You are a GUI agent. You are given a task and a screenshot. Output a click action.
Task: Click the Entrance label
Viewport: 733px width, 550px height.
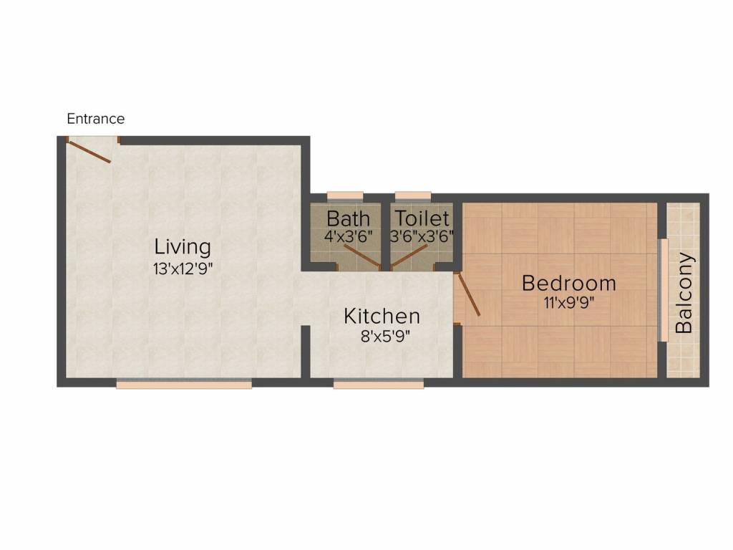point(95,119)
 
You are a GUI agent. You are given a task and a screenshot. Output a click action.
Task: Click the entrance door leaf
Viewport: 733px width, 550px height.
point(89,152)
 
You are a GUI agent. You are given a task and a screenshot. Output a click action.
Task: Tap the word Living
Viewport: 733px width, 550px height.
point(183,247)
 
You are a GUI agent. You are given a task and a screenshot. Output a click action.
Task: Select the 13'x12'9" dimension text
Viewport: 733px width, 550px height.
point(183,269)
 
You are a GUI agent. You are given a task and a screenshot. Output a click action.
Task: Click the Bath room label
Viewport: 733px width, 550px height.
point(348,218)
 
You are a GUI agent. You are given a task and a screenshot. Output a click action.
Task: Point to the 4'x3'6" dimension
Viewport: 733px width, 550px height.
point(348,236)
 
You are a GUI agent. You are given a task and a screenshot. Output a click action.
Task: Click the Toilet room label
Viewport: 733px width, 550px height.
point(422,218)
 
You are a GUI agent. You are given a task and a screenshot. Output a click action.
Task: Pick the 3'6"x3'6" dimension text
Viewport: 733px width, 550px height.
point(422,236)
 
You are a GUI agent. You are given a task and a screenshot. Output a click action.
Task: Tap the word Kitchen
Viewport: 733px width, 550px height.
point(382,316)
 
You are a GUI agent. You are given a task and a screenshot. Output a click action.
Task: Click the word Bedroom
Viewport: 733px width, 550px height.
point(568,283)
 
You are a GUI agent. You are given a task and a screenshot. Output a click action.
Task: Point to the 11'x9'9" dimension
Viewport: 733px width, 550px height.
point(568,302)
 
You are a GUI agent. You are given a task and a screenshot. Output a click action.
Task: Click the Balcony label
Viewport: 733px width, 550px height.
point(684,293)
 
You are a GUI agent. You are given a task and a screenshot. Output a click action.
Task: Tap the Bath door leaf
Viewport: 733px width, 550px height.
point(361,256)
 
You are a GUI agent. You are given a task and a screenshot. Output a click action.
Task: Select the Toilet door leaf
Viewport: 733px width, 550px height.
point(409,256)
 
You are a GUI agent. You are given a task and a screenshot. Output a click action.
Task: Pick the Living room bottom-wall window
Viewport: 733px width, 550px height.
point(184,385)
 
